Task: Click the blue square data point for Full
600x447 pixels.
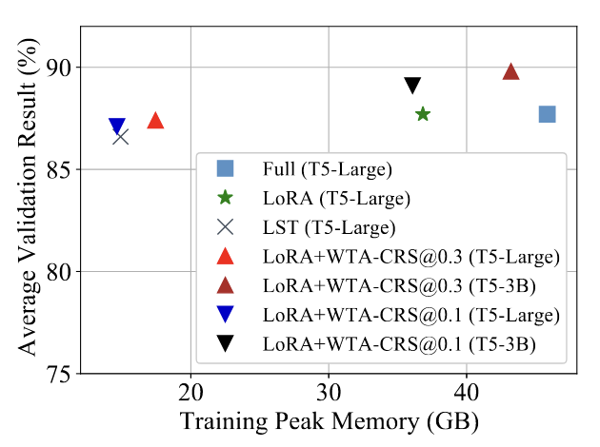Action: [x=547, y=114]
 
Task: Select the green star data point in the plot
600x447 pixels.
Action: [x=423, y=114]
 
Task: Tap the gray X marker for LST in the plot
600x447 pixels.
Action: [x=121, y=137]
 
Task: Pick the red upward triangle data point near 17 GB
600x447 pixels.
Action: [x=155, y=121]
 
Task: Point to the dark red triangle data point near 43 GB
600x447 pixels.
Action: [x=510, y=72]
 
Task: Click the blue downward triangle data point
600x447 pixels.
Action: [x=116, y=126]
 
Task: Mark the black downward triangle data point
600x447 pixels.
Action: [x=412, y=87]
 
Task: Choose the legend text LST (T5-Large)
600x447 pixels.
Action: [x=330, y=227]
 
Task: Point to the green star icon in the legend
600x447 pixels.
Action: [x=226, y=198]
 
